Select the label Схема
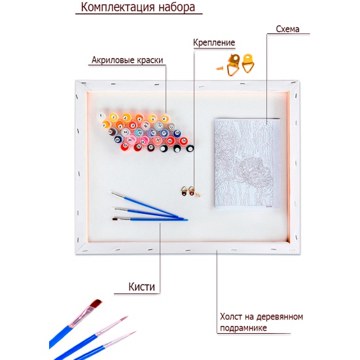[287, 29]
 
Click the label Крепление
[214, 43]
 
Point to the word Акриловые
[113, 60]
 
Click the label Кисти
[141, 287]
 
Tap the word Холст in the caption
[231, 317]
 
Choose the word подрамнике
[243, 328]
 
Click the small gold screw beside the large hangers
[220, 68]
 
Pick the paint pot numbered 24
[183, 141]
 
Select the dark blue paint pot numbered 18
[177, 133]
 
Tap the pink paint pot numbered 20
[130, 139]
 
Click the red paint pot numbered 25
[125, 145]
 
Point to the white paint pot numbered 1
[101, 116]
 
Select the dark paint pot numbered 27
[151, 147]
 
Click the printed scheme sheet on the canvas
[247, 164]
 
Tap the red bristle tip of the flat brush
[96, 303]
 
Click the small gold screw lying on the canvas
[198, 195]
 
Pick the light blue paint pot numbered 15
[139, 133]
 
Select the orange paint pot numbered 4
[139, 118]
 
